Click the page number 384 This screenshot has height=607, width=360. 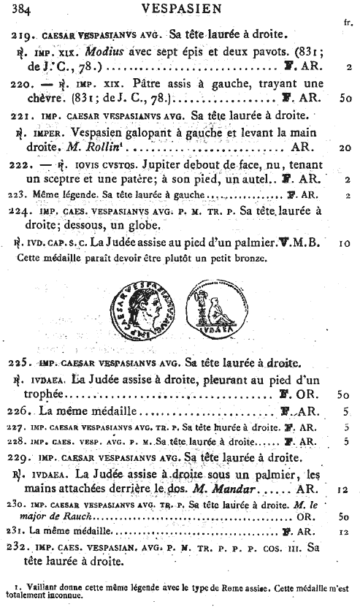22,9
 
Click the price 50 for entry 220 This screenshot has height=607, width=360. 346,96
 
